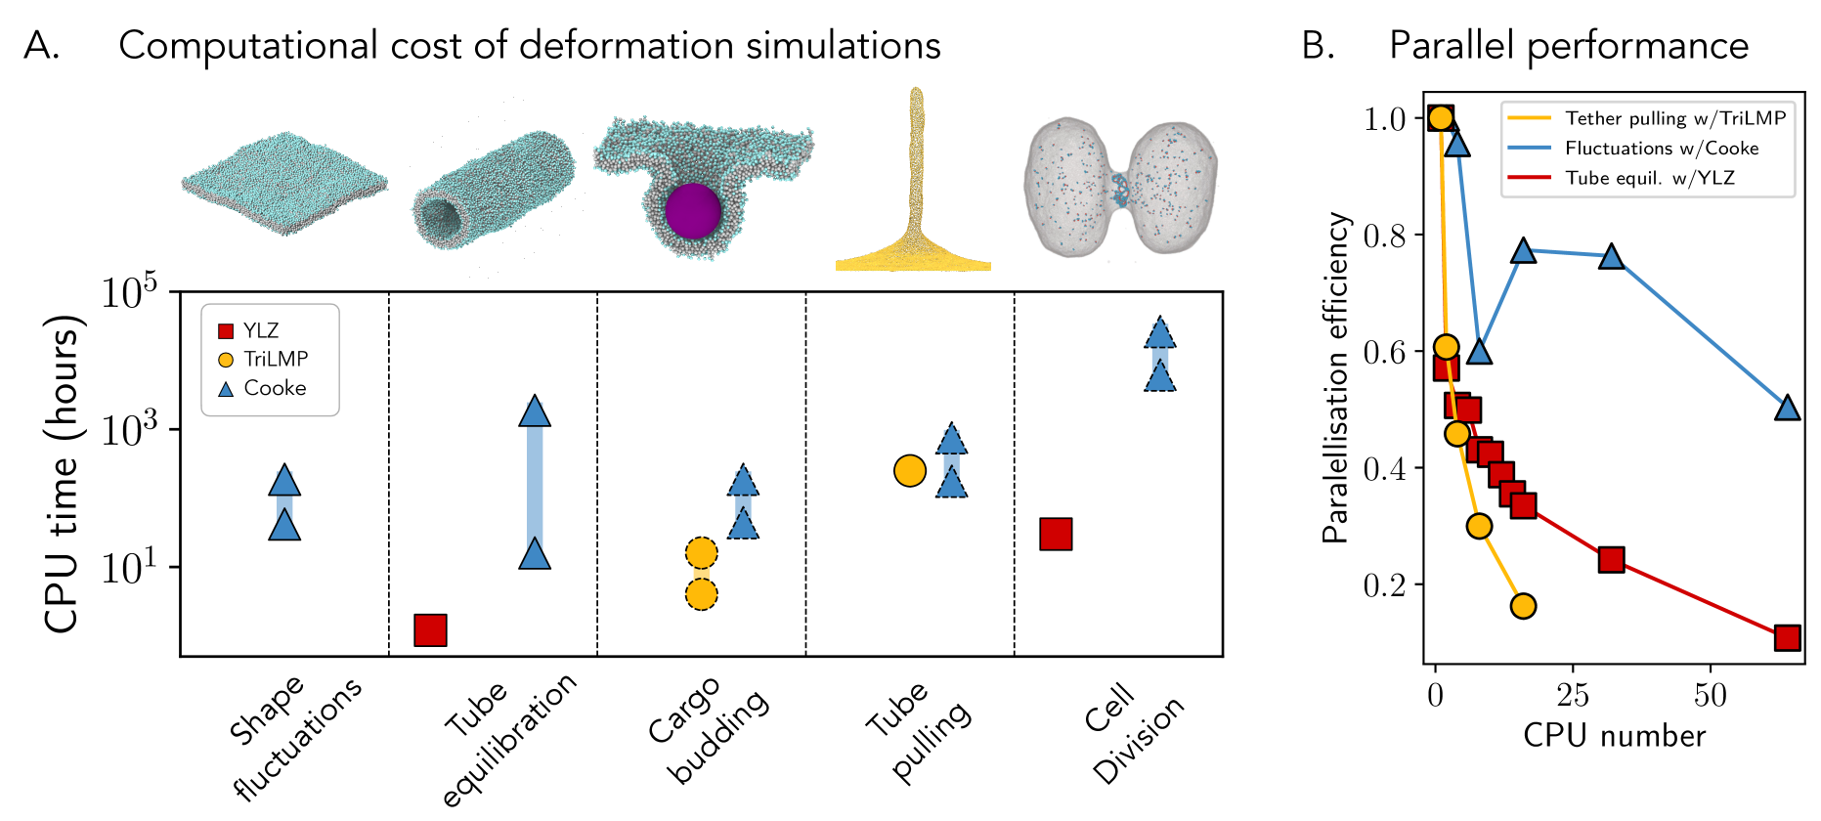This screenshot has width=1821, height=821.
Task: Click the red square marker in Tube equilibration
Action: coord(430,630)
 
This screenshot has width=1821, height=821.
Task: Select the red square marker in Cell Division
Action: coord(1056,534)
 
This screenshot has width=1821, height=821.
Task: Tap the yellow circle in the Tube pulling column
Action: coord(909,470)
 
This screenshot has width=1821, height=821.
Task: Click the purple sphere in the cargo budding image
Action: coord(693,210)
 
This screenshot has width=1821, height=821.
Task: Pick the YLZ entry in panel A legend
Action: coord(260,330)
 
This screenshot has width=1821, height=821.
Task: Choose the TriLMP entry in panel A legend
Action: coord(275,359)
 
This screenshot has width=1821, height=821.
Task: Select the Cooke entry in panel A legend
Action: coord(274,388)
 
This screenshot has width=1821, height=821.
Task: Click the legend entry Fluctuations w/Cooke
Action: coord(1661,149)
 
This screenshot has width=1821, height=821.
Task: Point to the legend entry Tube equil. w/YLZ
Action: coord(1649,178)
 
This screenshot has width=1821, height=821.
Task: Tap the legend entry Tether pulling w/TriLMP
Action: coord(1674,118)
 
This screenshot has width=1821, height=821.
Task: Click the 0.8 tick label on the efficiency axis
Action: coord(1385,236)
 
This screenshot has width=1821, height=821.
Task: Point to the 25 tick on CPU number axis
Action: coord(1572,696)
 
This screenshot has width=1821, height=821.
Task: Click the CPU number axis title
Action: coord(1614,736)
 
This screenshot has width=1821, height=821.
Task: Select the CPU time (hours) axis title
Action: coord(61,473)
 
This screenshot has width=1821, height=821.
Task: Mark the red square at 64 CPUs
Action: coord(1787,637)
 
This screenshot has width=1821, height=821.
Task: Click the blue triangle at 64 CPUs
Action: coord(1787,408)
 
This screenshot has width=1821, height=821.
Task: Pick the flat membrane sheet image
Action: coord(283,184)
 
